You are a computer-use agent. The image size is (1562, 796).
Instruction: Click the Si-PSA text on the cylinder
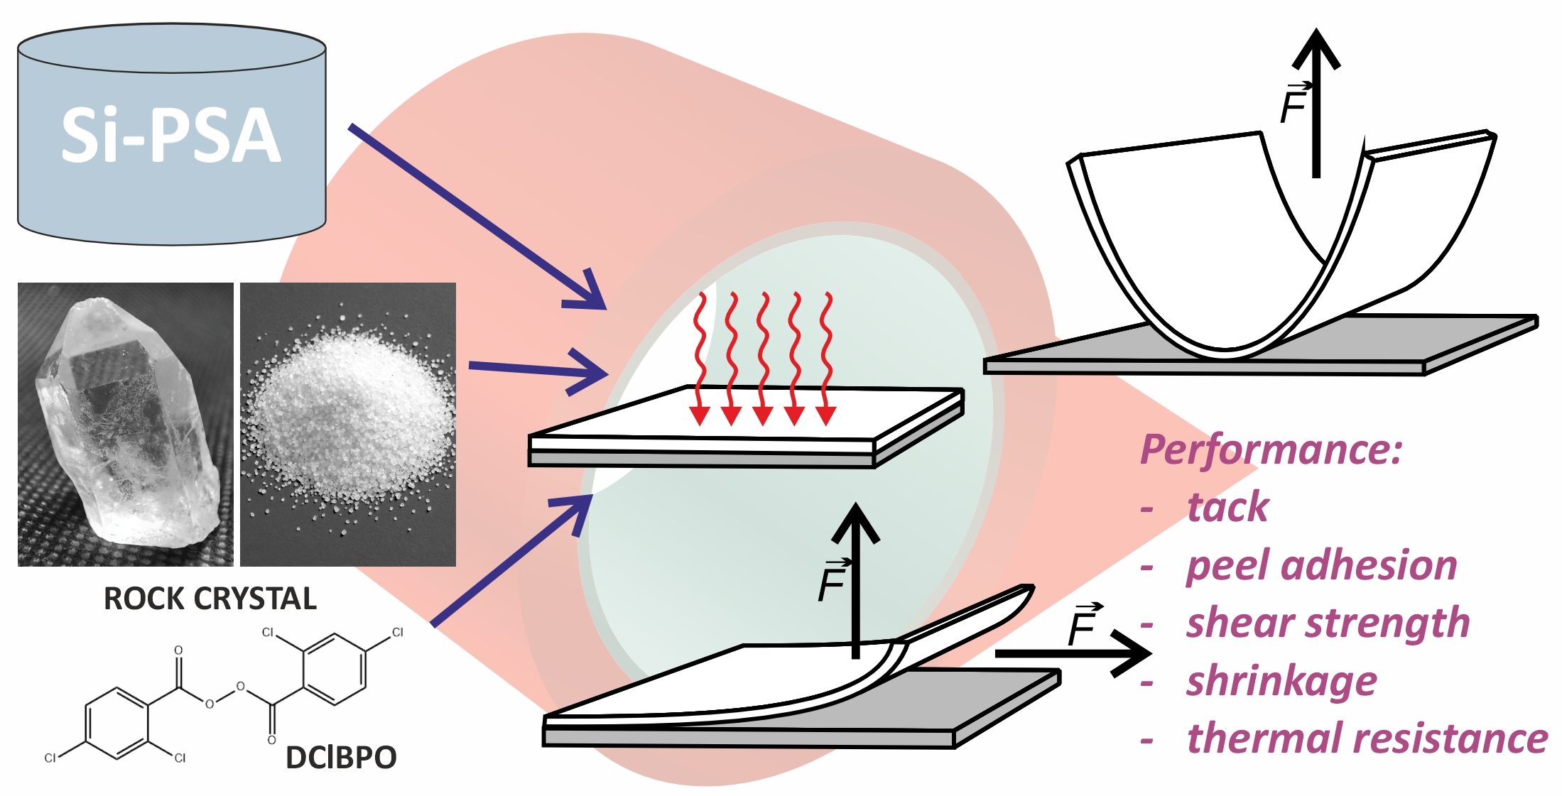(x=170, y=135)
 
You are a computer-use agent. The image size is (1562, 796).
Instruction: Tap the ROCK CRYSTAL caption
(x=210, y=599)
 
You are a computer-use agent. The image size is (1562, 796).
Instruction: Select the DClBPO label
(x=341, y=758)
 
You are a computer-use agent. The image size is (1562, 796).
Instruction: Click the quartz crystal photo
(x=125, y=425)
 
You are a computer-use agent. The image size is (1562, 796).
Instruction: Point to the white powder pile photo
(x=348, y=425)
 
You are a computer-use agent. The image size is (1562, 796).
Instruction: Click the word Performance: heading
(x=1271, y=449)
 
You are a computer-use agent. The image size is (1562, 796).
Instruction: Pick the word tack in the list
(x=1227, y=507)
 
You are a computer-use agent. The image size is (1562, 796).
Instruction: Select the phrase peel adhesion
(x=1321, y=565)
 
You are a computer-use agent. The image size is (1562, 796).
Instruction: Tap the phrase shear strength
(x=1328, y=623)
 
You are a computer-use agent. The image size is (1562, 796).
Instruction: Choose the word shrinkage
(x=1281, y=681)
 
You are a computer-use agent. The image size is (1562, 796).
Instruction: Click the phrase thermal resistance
(x=1367, y=738)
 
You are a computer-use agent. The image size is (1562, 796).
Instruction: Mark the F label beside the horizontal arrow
(x=1084, y=626)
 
